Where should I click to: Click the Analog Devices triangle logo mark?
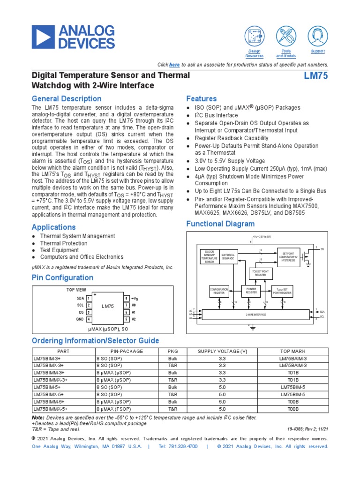pos(44,37)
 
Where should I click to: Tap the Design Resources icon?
pos(255,36)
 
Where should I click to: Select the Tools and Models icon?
pos(286,36)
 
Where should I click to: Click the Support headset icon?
pos(318,36)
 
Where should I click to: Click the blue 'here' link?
pos(174,65)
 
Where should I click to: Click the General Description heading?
pos(66,99)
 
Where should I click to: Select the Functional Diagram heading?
pos(220,224)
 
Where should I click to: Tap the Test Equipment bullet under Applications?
pos(59,250)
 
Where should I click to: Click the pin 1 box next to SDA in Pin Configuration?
pos(89,298)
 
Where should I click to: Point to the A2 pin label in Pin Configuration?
pos(134,319)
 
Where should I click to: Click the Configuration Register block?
pos(219,291)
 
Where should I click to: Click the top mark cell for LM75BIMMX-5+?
pos(292,409)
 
